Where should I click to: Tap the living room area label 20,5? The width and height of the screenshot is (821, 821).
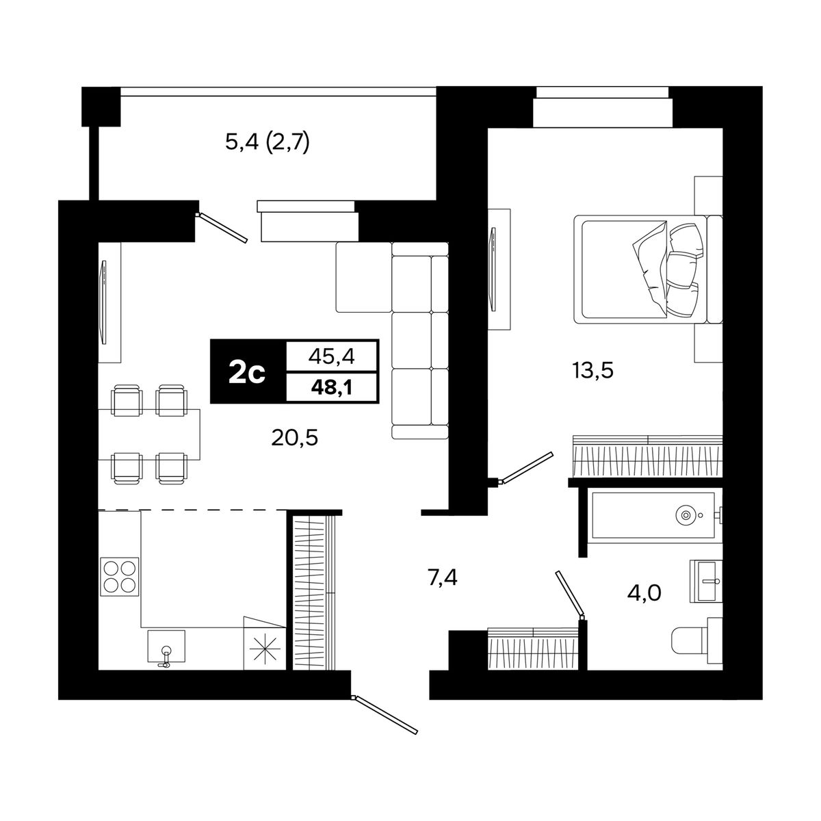(x=294, y=438)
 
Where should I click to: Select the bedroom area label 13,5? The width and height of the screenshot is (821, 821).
(x=592, y=371)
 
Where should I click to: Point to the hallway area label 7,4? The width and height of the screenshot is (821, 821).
(x=442, y=578)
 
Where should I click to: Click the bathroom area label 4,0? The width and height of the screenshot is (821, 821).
(x=644, y=592)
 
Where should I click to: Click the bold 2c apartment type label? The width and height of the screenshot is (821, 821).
(x=247, y=372)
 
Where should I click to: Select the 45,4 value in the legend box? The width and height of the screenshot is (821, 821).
(x=331, y=356)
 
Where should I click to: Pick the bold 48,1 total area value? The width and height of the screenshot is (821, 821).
(x=331, y=387)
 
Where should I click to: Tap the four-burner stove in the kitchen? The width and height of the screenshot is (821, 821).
(x=120, y=577)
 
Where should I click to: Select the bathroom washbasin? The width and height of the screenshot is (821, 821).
(x=706, y=581)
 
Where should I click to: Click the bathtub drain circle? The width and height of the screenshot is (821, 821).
(x=686, y=515)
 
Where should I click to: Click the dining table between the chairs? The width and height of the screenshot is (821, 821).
(x=149, y=434)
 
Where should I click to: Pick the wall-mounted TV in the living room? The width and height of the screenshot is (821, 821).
(x=103, y=302)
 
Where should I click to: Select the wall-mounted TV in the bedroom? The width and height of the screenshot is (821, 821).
(x=493, y=269)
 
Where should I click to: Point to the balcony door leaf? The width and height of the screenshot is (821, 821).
(x=222, y=228)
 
